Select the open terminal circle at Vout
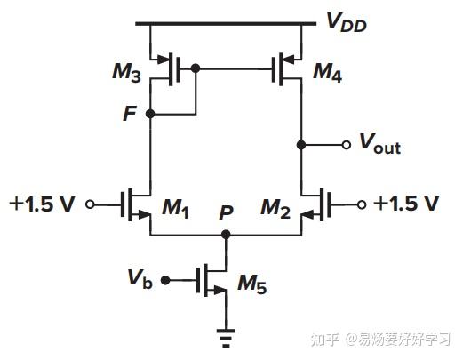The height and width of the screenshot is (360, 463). click(x=347, y=143)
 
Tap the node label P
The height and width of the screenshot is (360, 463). click(x=228, y=214)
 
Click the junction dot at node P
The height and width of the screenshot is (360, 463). click(x=227, y=235)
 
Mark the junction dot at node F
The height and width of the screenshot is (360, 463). click(x=151, y=114)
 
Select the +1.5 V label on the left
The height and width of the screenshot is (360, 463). click(x=42, y=204)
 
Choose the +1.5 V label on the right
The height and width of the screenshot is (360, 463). click(x=406, y=204)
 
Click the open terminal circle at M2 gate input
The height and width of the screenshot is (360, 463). click(x=362, y=204)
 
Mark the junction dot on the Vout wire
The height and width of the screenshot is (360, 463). click(x=302, y=143)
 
